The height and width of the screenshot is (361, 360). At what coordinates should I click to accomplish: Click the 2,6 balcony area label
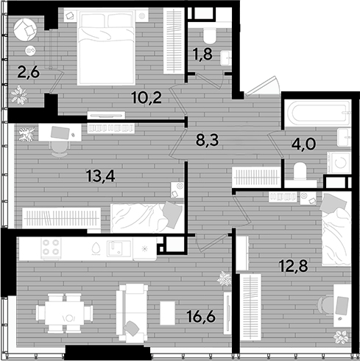tap(29, 72)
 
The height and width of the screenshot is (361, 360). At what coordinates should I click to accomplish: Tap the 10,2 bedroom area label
tap(147, 97)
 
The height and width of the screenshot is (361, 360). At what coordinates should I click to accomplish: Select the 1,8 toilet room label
tap(202, 54)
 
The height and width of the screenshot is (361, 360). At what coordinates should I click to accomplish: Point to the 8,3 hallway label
tap(208, 140)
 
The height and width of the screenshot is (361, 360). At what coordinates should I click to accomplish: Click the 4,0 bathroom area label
tap(304, 144)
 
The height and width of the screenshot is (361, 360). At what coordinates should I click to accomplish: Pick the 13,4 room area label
tap(101, 176)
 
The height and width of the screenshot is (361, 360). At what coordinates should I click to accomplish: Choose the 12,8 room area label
tap(294, 266)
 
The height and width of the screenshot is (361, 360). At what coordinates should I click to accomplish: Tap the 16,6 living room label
tap(201, 316)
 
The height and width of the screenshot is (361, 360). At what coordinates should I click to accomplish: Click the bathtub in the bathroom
tap(318, 113)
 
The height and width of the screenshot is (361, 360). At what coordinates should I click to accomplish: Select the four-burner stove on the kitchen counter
tap(52, 248)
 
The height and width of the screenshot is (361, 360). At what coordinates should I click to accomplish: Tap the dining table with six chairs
tap(65, 313)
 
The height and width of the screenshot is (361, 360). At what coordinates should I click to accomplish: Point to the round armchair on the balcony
tap(25, 30)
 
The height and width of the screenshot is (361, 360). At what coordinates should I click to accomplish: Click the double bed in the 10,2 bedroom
tap(107, 46)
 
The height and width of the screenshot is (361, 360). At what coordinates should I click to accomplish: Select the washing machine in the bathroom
tap(339, 162)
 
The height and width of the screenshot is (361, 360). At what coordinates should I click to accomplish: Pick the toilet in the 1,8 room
tap(210, 35)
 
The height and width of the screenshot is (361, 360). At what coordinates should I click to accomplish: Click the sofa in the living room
tap(132, 313)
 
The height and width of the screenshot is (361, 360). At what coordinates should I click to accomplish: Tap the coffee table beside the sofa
tap(168, 313)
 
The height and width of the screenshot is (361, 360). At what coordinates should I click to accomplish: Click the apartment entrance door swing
tap(263, 85)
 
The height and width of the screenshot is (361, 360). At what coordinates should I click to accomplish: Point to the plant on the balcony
tap(18, 95)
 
